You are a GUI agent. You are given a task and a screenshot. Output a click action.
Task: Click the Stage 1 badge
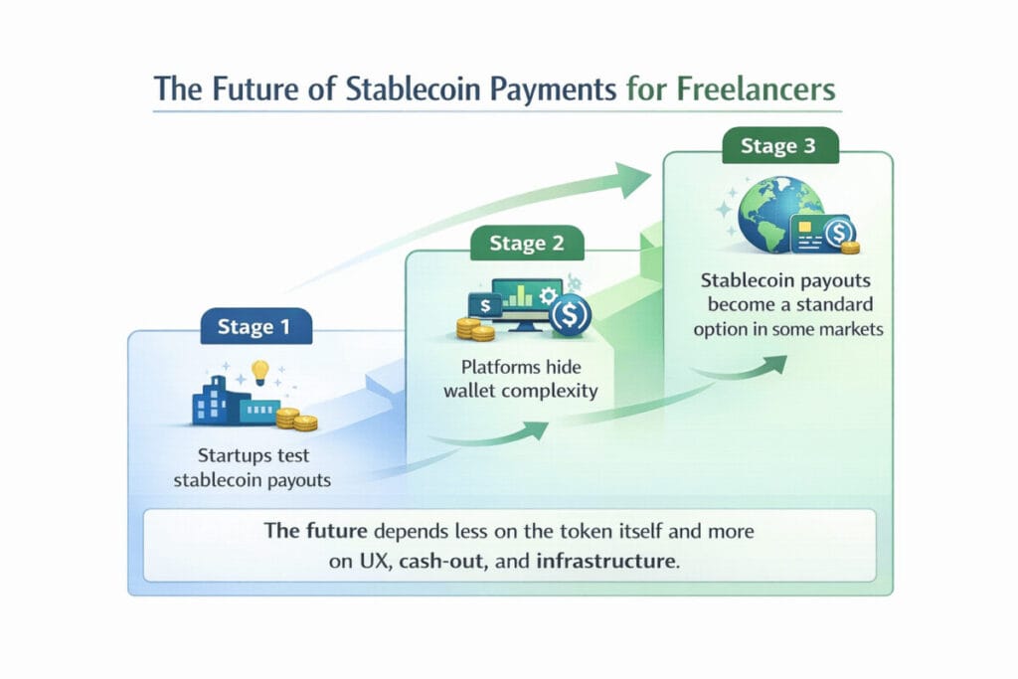coord(255,326)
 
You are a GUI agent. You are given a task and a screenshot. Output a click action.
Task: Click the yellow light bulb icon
coord(260,373)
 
